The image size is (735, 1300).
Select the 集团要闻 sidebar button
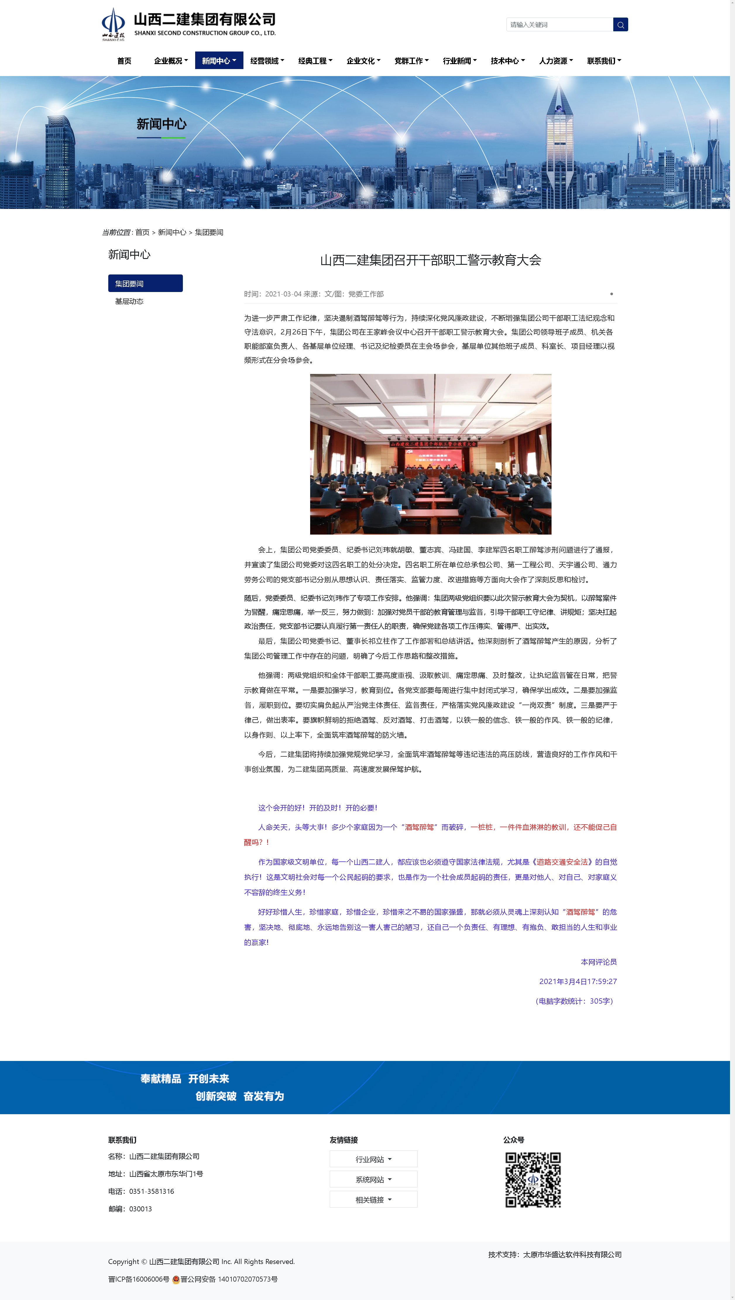tap(145, 284)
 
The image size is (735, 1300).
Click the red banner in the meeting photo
tap(433, 444)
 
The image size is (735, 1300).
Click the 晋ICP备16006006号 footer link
tap(139, 1279)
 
